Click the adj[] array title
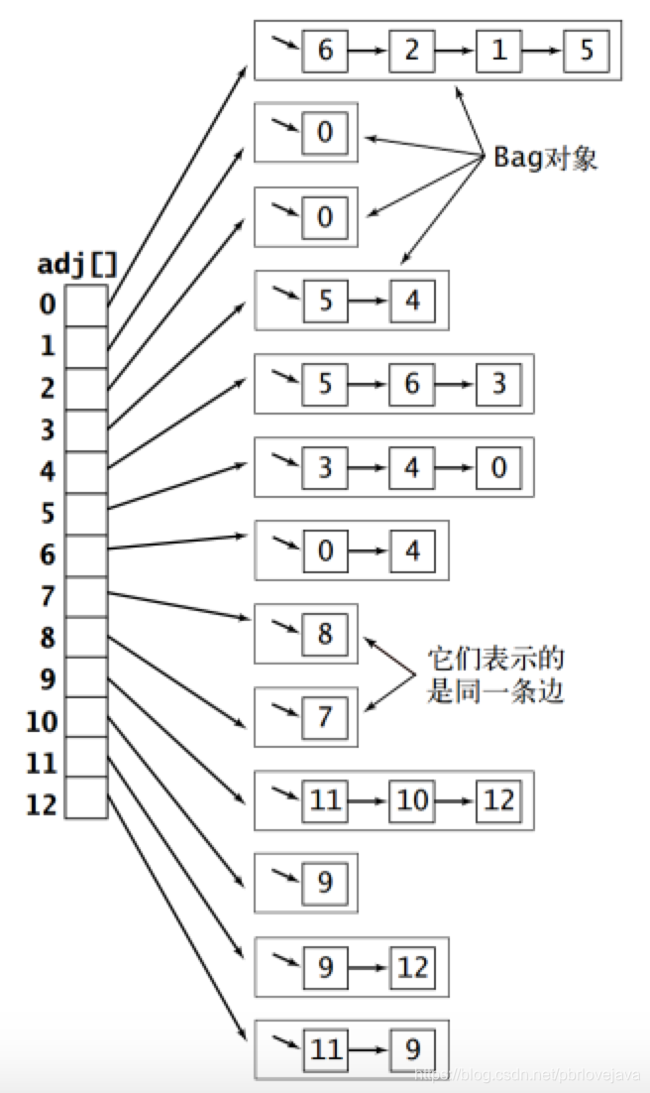[77, 265]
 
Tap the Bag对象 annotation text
[545, 158]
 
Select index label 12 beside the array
[42, 804]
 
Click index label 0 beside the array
[48, 304]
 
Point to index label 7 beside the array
[48, 596]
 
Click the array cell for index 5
[86, 513]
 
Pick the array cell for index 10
[86, 721]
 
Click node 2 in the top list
[412, 50]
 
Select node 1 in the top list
[499, 50]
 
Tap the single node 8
[325, 633]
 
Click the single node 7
[325, 716]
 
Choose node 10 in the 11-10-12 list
[412, 799]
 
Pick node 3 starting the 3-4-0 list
[325, 466]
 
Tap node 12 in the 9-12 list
[412, 966]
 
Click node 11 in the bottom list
[325, 1049]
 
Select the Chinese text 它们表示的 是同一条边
[494, 675]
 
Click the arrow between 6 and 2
[369, 51]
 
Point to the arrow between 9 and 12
[369, 967]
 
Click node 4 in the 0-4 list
[412, 549]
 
